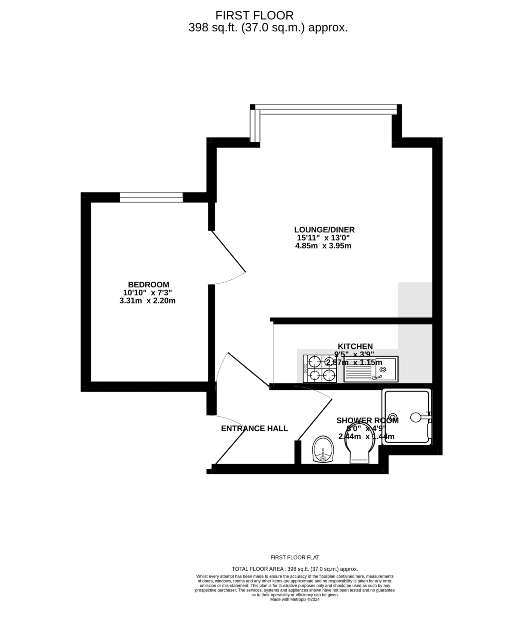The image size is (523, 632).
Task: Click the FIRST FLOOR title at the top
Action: click(x=254, y=15)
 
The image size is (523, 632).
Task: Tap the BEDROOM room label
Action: click(x=148, y=284)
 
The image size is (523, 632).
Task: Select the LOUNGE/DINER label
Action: click(x=324, y=230)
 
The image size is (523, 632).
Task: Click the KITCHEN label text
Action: click(x=355, y=346)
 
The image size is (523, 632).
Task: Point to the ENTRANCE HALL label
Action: click(x=254, y=428)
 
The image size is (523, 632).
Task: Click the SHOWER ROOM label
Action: click(x=367, y=420)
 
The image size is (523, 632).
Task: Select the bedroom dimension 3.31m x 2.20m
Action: click(x=147, y=301)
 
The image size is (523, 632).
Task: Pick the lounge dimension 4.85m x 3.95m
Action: click(x=323, y=246)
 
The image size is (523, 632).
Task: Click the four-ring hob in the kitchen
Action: click(x=319, y=368)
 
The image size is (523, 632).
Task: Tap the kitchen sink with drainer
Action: click(x=371, y=369)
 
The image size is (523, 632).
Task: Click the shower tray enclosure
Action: click(x=406, y=417)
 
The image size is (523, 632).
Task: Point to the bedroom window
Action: click(x=151, y=197)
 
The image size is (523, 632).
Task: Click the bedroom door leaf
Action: click(x=229, y=251)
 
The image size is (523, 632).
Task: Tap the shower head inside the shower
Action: click(x=415, y=417)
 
